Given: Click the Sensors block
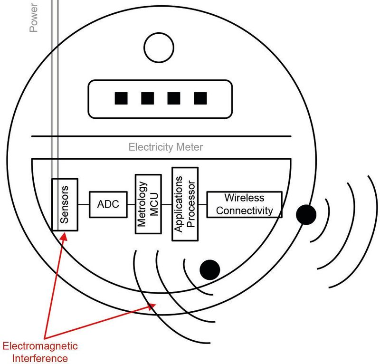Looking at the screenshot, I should [65, 204].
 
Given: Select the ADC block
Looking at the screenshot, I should [108, 204].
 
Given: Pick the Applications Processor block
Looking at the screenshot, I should [184, 204].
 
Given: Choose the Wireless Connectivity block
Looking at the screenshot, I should [244, 204].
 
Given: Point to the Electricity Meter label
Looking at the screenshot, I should [165, 147].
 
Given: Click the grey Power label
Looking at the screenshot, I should [34, 16].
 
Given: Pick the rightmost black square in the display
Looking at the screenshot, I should [200, 98].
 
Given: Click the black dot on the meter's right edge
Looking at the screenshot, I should [306, 215].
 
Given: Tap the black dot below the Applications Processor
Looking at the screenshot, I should [209, 269].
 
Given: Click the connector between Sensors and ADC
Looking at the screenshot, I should [84, 204].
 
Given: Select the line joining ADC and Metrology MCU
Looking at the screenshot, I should [131, 204].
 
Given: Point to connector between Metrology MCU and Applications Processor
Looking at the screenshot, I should [167, 204].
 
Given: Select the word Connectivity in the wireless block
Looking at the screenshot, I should [244, 211].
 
